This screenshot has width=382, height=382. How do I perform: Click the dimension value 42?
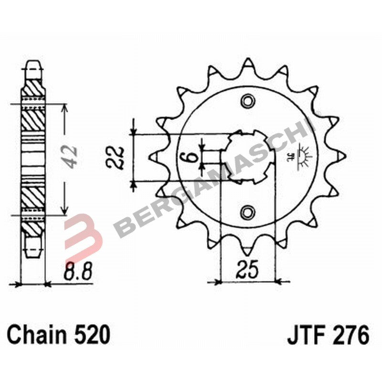click(x=72, y=156)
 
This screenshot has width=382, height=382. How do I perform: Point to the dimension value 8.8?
click(x=77, y=275)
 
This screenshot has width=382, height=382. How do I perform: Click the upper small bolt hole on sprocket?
click(x=248, y=101)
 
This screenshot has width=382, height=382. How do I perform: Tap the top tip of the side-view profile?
click(x=33, y=64)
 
